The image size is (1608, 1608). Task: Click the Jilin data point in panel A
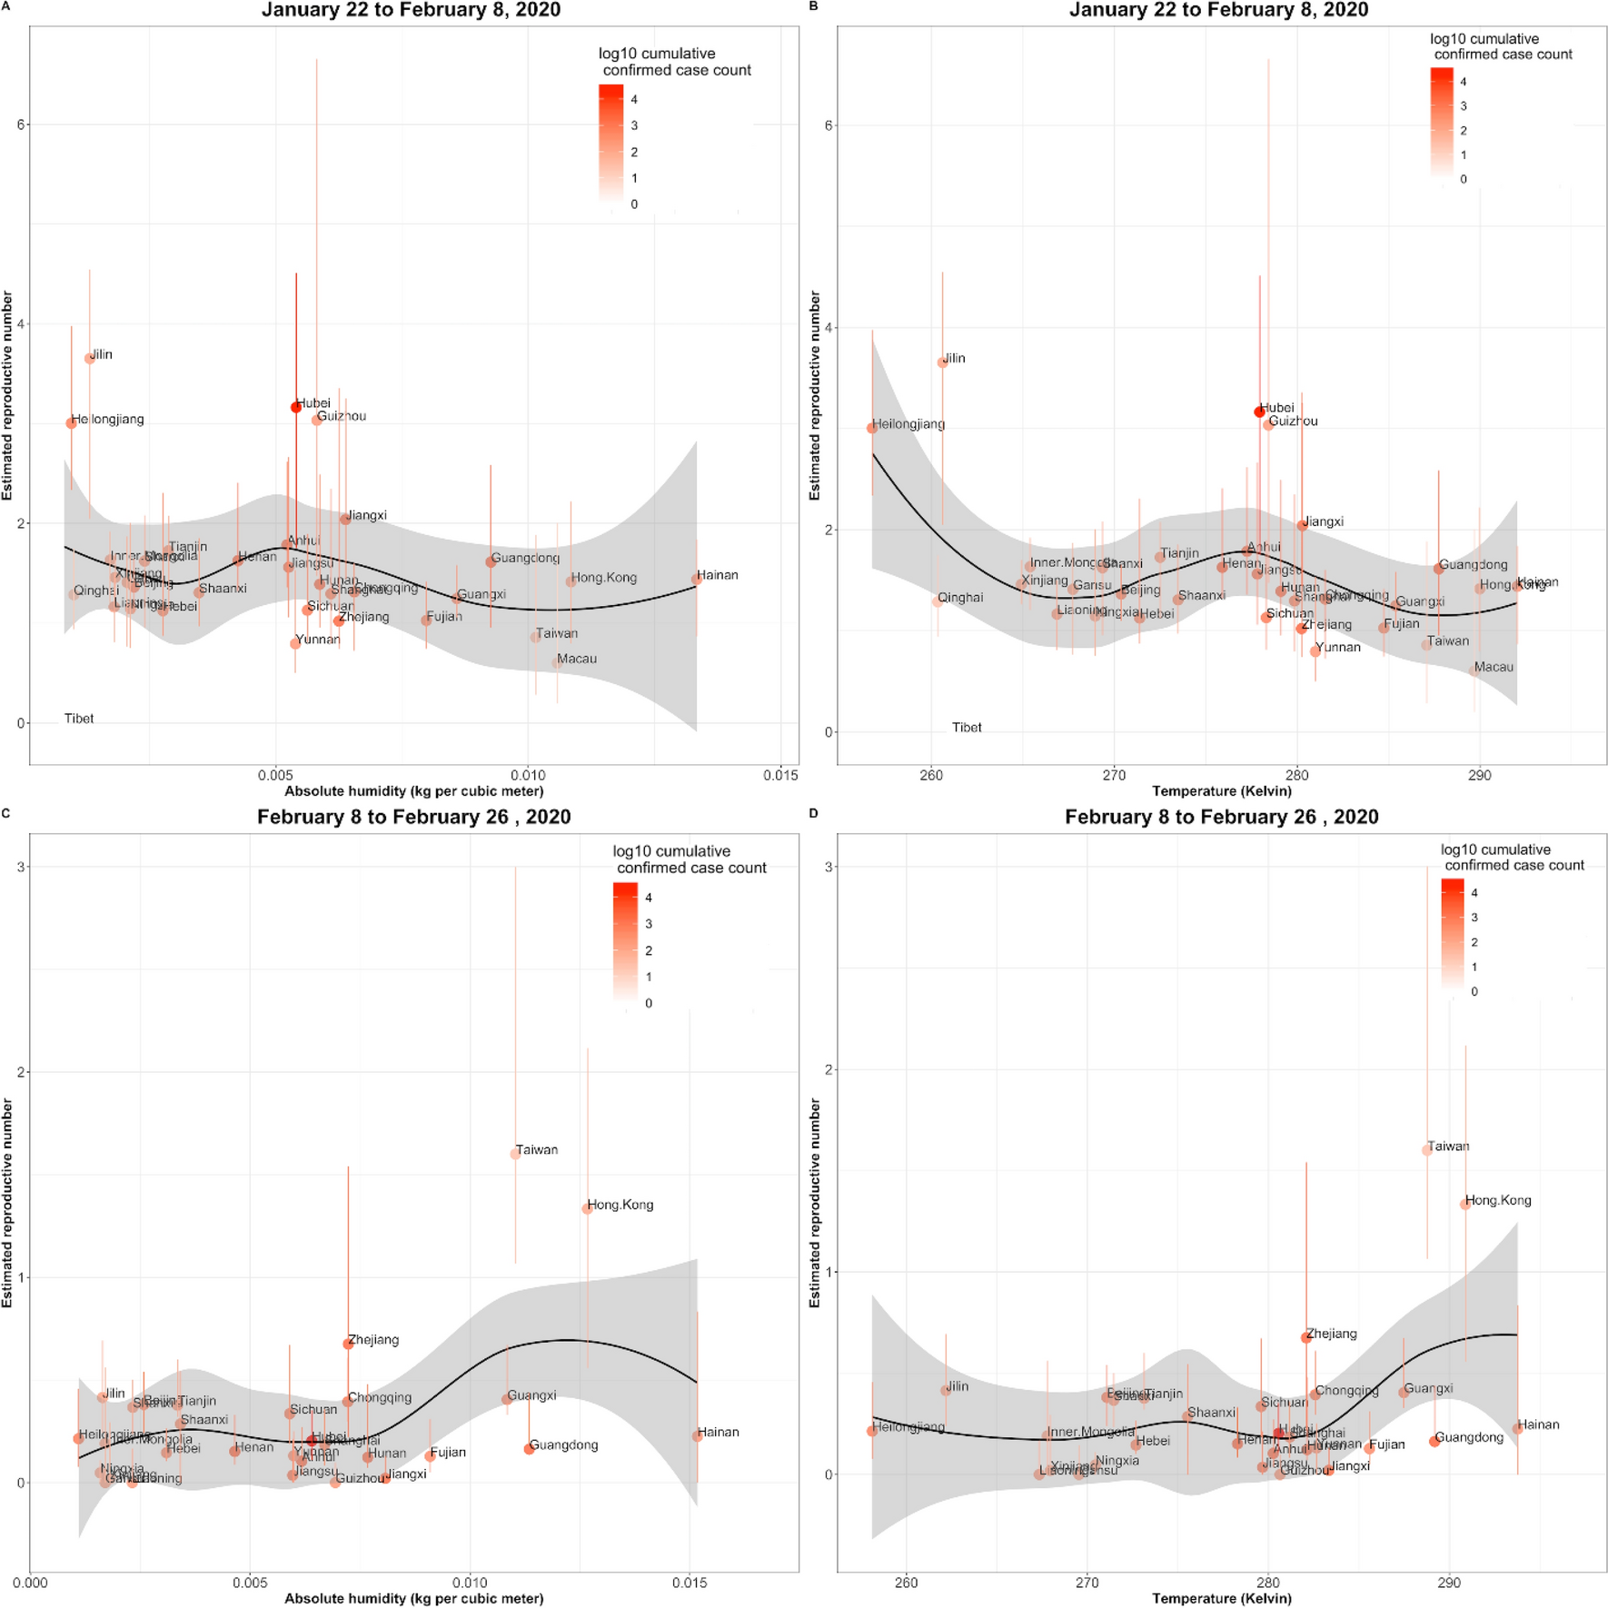coord(89,359)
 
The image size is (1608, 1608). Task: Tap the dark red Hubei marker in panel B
coord(1259,412)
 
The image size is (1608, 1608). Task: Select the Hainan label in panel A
coord(718,575)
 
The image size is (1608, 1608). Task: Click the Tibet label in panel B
coord(967,728)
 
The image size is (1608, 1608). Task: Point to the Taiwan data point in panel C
coord(516,1154)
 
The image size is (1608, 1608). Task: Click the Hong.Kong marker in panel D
coord(1464,1205)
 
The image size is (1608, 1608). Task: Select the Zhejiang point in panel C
coord(348,1344)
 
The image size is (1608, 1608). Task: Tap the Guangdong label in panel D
coord(1469,1437)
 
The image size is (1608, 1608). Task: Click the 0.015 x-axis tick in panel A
coord(780,775)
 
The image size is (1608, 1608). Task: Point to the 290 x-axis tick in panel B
coord(1479,775)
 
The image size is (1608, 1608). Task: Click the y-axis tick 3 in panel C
coord(19,867)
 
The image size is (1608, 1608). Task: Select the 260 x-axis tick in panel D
coord(906,1583)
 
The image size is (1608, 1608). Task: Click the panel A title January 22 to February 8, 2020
coord(411,10)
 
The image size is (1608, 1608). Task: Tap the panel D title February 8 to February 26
coord(1221,817)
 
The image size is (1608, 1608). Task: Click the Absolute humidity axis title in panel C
coord(414,1598)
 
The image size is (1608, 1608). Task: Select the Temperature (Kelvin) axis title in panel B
coord(1221,790)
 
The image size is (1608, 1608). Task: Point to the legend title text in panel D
coord(1513,857)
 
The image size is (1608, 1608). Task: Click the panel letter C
coord(6,813)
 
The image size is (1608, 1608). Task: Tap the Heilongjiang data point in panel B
coord(872,428)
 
